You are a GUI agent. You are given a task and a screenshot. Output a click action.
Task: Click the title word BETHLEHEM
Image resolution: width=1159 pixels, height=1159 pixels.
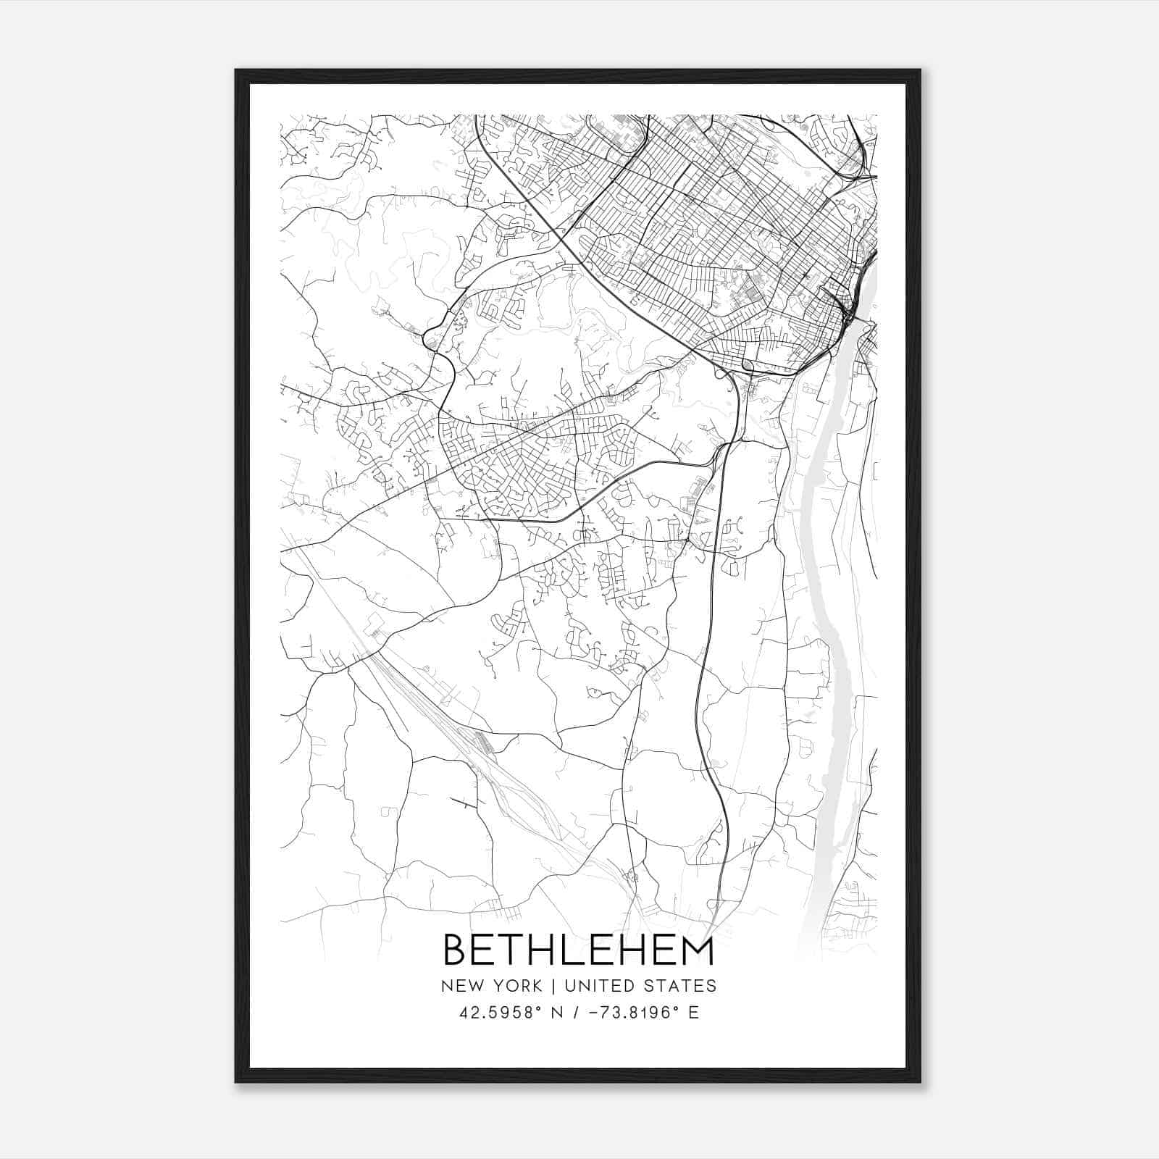[578, 950]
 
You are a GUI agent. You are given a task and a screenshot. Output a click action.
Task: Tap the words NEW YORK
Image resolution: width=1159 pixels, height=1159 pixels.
[490, 986]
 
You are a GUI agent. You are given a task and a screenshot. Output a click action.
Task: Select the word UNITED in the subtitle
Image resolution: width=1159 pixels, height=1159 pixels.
[599, 986]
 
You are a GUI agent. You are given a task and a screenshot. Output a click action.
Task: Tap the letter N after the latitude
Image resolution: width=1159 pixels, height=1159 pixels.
[557, 1013]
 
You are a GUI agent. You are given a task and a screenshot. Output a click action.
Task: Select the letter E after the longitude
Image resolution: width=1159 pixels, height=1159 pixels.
[693, 1013]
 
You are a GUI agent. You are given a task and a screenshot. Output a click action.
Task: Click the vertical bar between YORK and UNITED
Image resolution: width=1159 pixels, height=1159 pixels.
[553, 986]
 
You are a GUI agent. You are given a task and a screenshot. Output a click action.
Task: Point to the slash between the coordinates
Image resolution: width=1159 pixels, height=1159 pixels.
[577, 1013]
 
